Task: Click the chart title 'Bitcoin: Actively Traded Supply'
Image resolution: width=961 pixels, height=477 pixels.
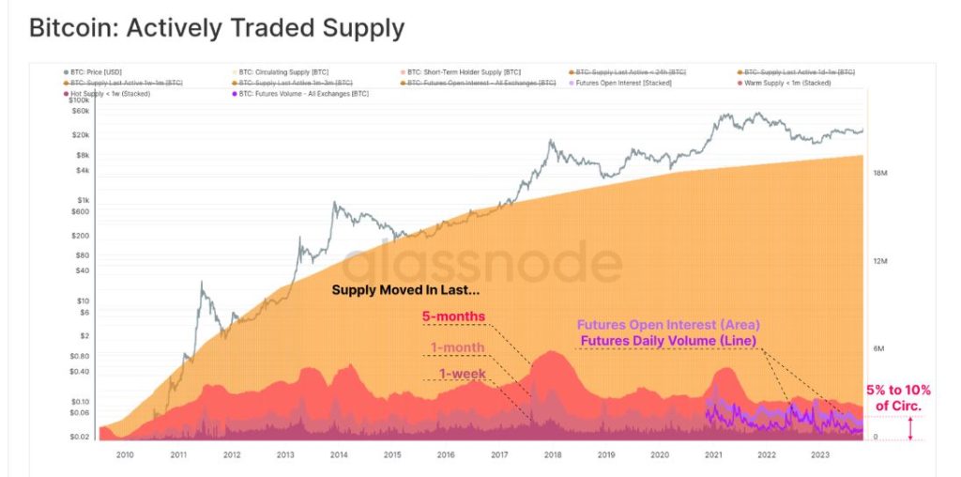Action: click(x=217, y=28)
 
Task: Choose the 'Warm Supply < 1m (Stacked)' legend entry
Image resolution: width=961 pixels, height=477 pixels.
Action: click(x=795, y=83)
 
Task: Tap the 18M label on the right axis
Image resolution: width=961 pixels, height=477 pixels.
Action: click(x=880, y=174)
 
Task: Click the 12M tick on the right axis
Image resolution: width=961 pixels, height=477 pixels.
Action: click(x=880, y=262)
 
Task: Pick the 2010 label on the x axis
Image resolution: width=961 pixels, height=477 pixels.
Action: click(x=125, y=454)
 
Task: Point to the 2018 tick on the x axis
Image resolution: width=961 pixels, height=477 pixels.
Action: click(x=553, y=454)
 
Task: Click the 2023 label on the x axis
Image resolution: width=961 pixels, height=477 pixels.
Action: click(x=819, y=454)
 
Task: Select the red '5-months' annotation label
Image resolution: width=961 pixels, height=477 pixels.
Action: click(x=454, y=316)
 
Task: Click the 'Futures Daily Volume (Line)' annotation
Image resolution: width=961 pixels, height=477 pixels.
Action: click(x=668, y=340)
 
